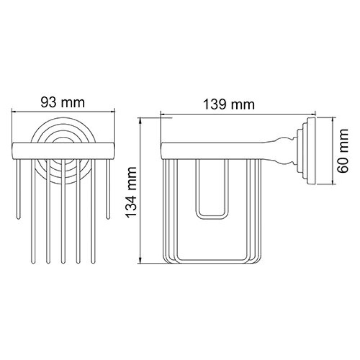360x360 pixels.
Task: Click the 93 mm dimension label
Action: tap(63, 103)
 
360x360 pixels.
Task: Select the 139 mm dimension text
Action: tap(229, 105)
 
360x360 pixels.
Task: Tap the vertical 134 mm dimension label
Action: tap(131, 193)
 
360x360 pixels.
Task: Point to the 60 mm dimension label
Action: tap(343, 151)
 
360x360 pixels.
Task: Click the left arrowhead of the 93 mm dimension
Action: tap(14, 112)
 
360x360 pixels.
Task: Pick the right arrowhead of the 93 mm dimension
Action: tap(112, 112)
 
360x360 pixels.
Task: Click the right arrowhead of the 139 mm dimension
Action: tap(313, 114)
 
